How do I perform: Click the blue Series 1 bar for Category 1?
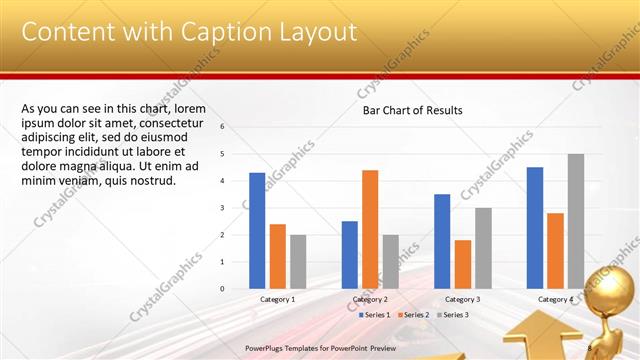click(257, 230)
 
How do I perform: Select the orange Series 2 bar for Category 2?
click(370, 229)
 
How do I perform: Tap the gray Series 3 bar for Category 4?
click(576, 221)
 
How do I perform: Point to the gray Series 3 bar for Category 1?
click(298, 261)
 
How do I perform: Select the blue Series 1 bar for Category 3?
click(442, 241)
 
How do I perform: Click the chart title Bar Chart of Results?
click(412, 111)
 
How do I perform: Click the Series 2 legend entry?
click(412, 315)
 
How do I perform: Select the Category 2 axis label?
click(370, 299)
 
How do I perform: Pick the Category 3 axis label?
click(463, 299)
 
